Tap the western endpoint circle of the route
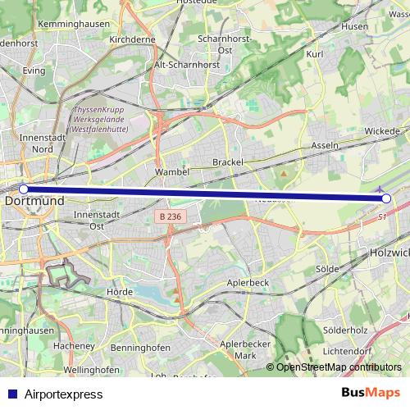coord(24,189)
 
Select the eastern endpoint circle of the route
coord(386,198)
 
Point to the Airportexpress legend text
coord(64,394)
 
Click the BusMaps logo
coord(370,394)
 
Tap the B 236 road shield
coord(169,216)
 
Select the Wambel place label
coord(172,172)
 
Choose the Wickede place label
coord(382,130)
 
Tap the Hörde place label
coord(120,291)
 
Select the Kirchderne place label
coord(132,39)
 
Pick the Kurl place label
coord(311,53)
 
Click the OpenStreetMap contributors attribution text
coord(339,367)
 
